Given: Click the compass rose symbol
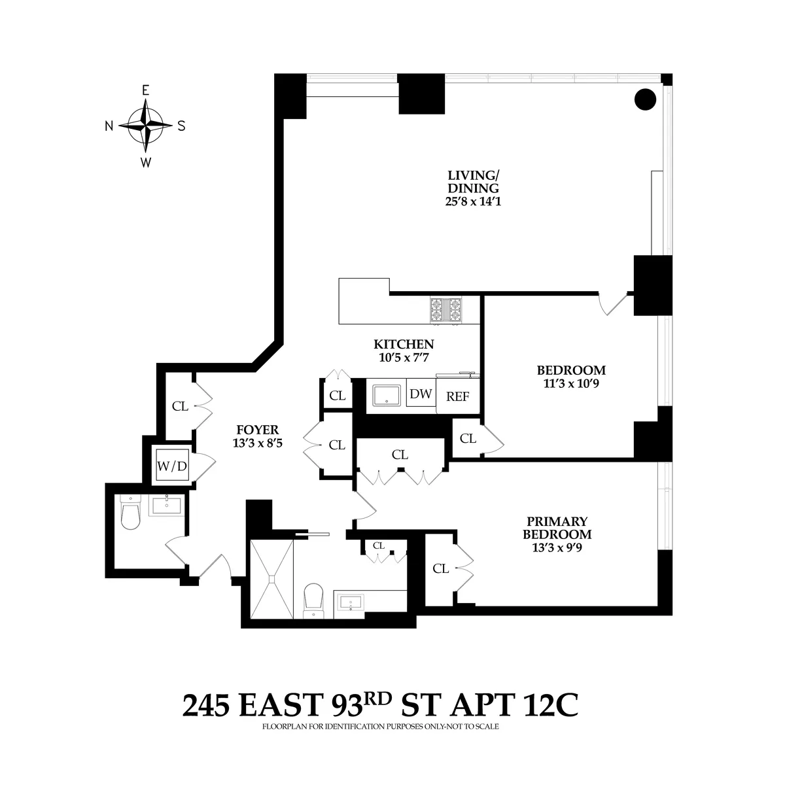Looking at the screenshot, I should [145, 126].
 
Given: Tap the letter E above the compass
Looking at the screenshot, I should [145, 91].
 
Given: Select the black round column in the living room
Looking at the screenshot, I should [645, 99].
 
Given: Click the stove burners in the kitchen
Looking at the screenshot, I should [445, 310].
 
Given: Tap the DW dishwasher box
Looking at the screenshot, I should [421, 394].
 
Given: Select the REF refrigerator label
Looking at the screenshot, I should [457, 396].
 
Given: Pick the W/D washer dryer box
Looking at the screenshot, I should [172, 466].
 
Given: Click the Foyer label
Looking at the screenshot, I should [257, 430].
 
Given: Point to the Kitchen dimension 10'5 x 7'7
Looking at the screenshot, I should [404, 357].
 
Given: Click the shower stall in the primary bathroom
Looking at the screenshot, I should [271, 579].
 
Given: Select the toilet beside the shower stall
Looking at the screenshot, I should [315, 598].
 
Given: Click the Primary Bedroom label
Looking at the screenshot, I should [557, 528].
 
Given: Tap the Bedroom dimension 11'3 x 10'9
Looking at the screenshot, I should [567, 383].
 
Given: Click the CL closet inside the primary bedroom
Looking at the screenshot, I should [441, 569].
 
